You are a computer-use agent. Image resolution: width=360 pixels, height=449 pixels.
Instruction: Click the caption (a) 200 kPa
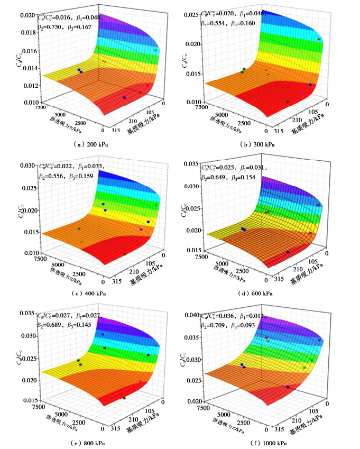90,143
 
